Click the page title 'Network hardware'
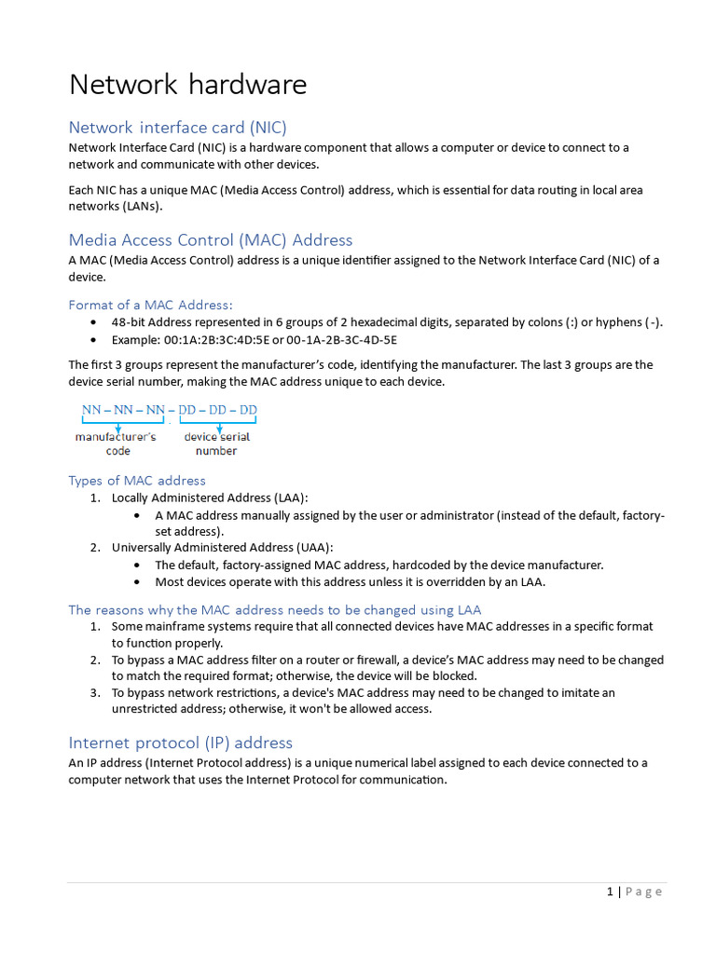coord(187,85)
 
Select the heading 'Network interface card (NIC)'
coord(177,128)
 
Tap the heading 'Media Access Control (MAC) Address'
coord(210,239)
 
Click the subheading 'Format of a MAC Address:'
coord(150,305)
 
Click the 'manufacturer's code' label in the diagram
coord(117,443)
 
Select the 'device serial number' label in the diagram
coord(216,443)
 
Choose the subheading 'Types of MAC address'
coord(137,481)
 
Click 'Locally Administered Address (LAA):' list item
coord(210,498)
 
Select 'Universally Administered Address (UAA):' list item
coord(222,547)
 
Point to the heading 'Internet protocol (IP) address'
coord(180,743)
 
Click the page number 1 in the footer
coord(610,892)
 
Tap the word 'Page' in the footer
coord(644,892)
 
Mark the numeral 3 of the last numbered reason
coord(95,692)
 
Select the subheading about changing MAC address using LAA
coord(274,610)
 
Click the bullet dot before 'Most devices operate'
coord(138,581)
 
